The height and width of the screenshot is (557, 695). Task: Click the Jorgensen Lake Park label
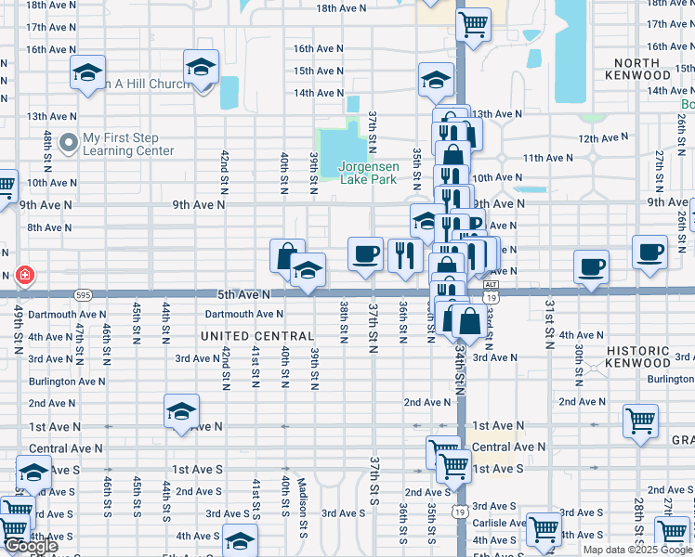pos(369,174)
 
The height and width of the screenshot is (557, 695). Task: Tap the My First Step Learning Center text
pos(128,144)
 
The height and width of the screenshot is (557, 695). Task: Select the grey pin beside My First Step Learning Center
pos(68,143)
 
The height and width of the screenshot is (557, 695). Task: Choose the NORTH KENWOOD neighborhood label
pos(636,70)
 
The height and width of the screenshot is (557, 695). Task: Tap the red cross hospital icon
pos(24,275)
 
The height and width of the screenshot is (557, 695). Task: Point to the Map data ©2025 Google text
pos(637,550)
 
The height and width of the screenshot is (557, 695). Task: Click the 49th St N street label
pos(19,330)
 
